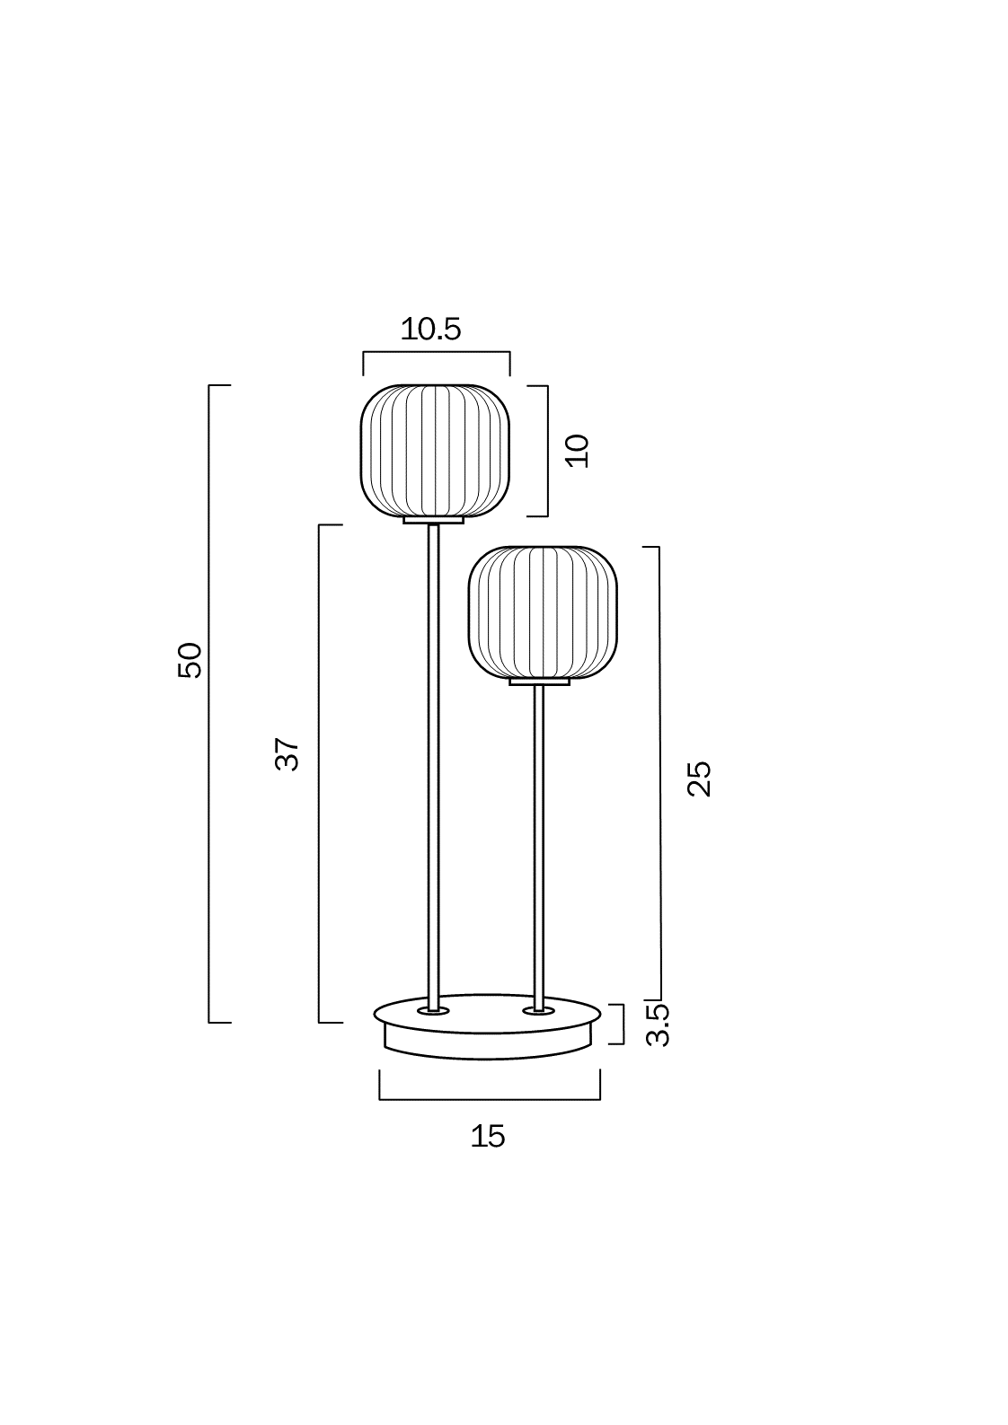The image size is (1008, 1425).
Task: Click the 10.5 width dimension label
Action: coord(430,330)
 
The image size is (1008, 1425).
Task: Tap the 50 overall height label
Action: coord(190,660)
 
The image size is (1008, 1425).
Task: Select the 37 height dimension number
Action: coord(287,754)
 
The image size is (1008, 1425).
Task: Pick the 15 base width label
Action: coord(488,1136)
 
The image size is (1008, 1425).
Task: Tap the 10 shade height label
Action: coord(578,451)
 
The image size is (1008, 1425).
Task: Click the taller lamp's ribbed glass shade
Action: coord(435,451)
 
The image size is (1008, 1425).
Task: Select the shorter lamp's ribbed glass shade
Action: coord(543,612)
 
